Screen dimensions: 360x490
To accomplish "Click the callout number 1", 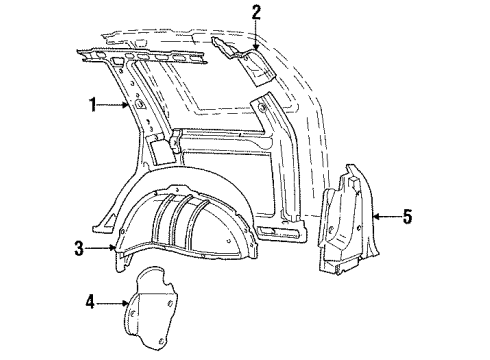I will click(x=94, y=103).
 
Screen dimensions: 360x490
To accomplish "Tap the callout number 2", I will click(x=256, y=12).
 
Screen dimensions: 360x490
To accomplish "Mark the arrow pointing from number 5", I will click(x=384, y=214).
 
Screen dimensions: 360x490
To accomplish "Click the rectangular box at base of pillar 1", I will click(x=158, y=151).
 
